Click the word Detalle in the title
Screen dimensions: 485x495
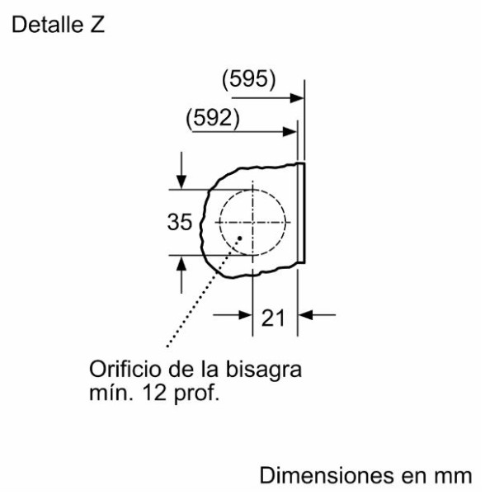[x=47, y=24]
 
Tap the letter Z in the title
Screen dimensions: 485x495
[x=97, y=24]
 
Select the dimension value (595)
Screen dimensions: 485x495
[x=249, y=79]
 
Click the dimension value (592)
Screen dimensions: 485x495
[x=213, y=118]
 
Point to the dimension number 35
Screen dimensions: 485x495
[x=180, y=222]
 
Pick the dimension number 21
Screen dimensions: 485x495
[x=273, y=318]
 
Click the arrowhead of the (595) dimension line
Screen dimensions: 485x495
[x=297, y=98]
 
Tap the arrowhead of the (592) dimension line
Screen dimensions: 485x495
[x=290, y=132]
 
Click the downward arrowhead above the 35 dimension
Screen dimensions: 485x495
[x=181, y=181]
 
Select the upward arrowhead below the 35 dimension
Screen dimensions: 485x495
[x=181, y=263]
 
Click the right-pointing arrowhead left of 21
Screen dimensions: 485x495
[x=246, y=315]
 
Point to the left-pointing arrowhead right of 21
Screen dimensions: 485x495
[x=305, y=315]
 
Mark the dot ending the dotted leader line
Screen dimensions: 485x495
[x=240, y=238]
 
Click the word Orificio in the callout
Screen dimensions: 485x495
[x=125, y=369]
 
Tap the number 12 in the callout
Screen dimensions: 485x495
[x=154, y=393]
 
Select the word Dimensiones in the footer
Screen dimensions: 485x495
[x=327, y=476]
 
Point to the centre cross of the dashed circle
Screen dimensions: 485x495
[x=252, y=223]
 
